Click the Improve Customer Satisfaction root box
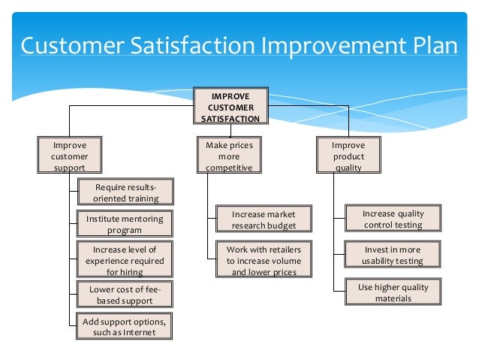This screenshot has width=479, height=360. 230,106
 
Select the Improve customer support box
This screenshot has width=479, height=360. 69,156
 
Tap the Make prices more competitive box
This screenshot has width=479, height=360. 229,156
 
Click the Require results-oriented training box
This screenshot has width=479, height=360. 125,192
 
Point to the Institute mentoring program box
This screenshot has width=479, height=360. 125,224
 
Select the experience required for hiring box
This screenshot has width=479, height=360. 125,260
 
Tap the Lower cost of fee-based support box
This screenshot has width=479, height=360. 125,295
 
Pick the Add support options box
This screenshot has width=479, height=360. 125,327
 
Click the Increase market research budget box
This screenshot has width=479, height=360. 258,219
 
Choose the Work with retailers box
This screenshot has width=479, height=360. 258,260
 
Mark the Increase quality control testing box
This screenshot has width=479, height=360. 393,219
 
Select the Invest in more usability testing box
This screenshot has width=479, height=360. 393,255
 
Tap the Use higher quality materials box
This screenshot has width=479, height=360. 393,292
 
